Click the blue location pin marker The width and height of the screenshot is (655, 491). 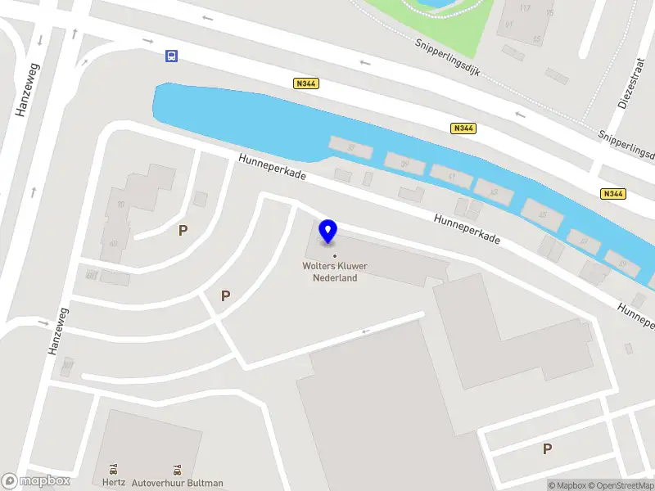tap(328, 231)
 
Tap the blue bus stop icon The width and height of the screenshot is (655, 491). tap(171, 56)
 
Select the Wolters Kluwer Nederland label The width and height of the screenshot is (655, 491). tap(335, 272)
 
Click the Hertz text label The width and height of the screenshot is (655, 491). tap(115, 483)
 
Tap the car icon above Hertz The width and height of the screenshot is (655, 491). tap(114, 470)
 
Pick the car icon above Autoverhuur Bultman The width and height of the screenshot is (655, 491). tap(177, 470)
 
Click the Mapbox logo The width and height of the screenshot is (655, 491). tap(36, 481)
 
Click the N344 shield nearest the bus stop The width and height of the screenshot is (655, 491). tap(305, 83)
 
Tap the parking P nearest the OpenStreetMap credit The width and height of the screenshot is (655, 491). tap(547, 448)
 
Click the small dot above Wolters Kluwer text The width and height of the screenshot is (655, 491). tap(334, 256)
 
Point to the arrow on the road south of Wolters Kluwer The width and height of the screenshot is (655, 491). tap(365, 331)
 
